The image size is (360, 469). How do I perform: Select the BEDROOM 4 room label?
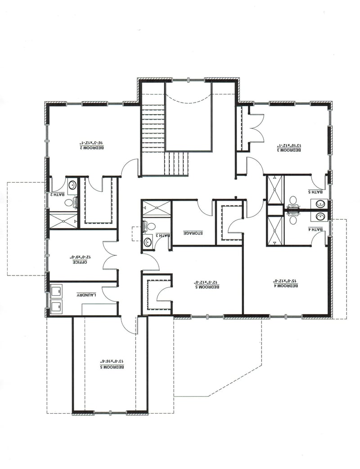[x=286, y=285]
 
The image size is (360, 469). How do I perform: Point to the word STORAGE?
[x=193, y=233]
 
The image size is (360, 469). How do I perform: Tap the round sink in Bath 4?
[x=320, y=216]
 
